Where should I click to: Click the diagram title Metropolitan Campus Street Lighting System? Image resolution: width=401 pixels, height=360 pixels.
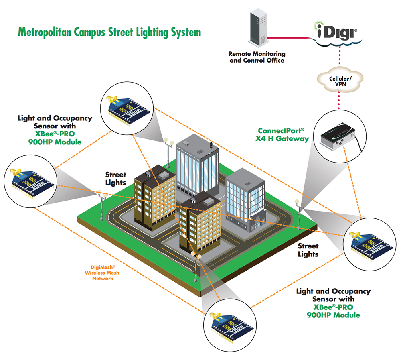109,32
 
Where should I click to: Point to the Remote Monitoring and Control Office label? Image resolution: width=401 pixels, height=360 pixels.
257,57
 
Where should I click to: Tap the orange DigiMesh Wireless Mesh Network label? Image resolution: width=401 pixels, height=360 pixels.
102,273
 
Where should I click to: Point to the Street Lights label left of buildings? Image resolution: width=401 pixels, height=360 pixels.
115,179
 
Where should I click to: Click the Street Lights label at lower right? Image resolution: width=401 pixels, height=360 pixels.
308,250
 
